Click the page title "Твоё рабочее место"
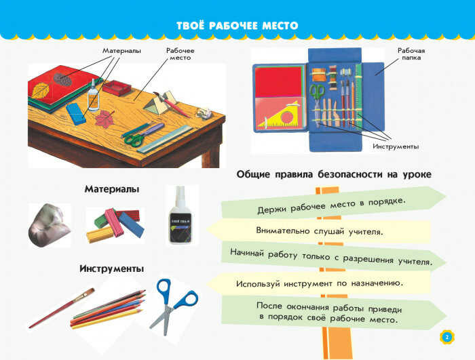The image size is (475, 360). pyautogui.click(x=237, y=26)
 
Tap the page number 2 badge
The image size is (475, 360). pyautogui.click(x=447, y=337)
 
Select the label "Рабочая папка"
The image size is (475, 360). pyautogui.click(x=411, y=54)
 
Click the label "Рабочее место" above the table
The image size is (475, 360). pyautogui.click(x=180, y=54)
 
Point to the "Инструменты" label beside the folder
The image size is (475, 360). pyautogui.click(x=396, y=146)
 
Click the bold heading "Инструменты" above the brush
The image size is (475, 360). pyautogui.click(x=111, y=268)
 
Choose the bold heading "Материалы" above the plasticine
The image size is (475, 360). pyautogui.click(x=112, y=189)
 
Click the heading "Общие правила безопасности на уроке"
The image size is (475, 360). pyautogui.click(x=334, y=174)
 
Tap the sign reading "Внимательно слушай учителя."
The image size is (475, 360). pyautogui.click(x=319, y=231)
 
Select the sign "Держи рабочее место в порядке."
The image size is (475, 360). pyautogui.click(x=333, y=202)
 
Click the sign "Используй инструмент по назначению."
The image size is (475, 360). pyautogui.click(x=319, y=283)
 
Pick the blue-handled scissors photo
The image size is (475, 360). pyautogui.click(x=174, y=306)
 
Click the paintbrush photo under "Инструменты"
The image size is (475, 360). pyautogui.click(x=62, y=308)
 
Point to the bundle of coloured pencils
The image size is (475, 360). pyautogui.click(x=107, y=309)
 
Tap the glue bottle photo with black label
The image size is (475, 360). pyautogui.click(x=180, y=216)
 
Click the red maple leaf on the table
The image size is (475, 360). pyautogui.click(x=103, y=119)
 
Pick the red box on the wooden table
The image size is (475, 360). pyautogui.click(x=117, y=87)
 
